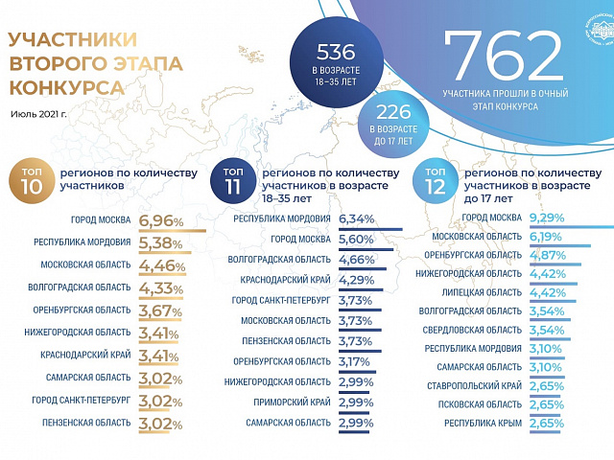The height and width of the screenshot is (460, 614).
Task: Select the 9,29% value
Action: pyautogui.click(x=547, y=218)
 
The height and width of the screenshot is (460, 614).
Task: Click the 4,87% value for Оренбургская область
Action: pyautogui.click(x=547, y=255)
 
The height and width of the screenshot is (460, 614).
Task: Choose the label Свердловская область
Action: pyautogui.click(x=476, y=330)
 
